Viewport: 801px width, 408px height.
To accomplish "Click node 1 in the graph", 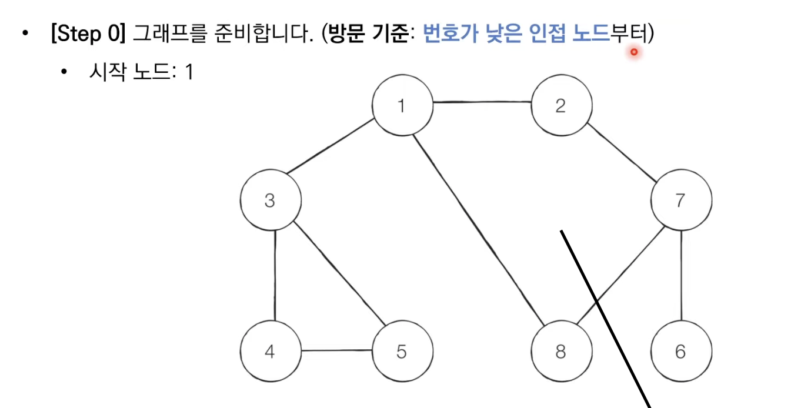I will (x=402, y=106).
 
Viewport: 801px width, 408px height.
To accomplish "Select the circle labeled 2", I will (x=561, y=106).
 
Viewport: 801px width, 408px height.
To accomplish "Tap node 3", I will (x=270, y=200).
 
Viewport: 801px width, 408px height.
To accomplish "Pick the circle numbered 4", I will (x=270, y=352).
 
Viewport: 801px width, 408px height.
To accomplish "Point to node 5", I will (x=402, y=352).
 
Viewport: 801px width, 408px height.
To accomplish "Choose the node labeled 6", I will (x=680, y=352).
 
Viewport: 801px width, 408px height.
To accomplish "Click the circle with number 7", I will (x=680, y=200).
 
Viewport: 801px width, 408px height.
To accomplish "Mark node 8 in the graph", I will (x=561, y=352).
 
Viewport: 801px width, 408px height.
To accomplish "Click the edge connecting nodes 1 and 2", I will (x=482, y=103).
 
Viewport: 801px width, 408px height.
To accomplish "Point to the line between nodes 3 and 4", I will (x=276, y=276).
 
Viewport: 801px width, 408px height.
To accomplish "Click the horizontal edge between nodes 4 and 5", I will (x=336, y=351).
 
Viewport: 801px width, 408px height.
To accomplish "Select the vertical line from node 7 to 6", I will (x=681, y=276).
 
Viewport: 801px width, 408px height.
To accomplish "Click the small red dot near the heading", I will (x=634, y=52).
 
